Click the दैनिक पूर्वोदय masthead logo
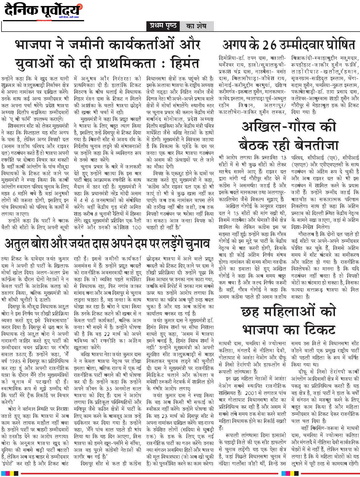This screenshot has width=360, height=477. (x=42, y=11)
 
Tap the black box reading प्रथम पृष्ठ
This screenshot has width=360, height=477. (x=163, y=26)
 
